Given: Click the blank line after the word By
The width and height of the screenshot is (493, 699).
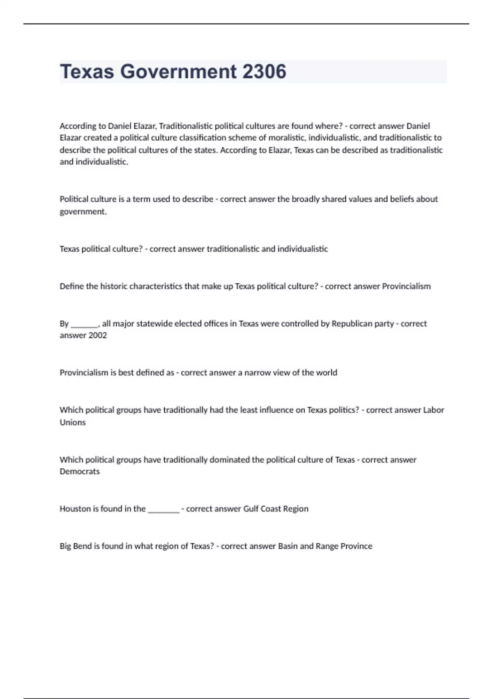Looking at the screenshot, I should pos(84,324).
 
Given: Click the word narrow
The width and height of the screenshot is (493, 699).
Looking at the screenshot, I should pos(256,373).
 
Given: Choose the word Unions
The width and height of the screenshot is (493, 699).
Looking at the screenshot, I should pos(73,422).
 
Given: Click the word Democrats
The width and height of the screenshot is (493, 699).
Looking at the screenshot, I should pos(80,472).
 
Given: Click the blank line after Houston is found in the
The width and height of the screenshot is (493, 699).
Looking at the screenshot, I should pos(164,509).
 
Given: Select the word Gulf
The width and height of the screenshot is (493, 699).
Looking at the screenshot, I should pos(251,509).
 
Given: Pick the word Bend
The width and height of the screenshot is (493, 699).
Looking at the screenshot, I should pos(82,546).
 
